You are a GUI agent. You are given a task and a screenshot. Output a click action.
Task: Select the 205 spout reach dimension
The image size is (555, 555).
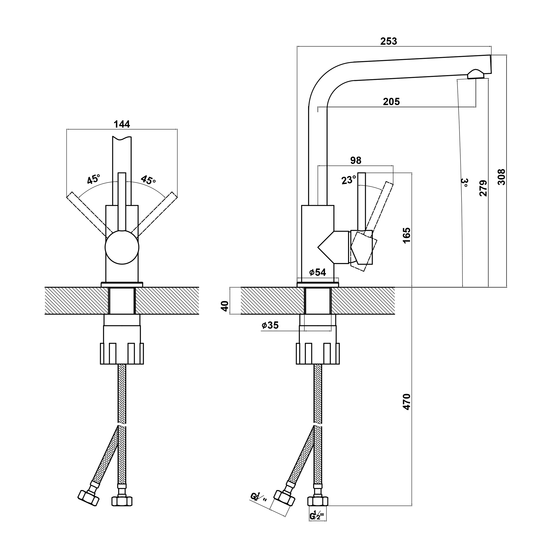[x=391, y=102]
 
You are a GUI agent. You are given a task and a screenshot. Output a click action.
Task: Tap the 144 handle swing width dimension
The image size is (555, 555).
[x=122, y=124]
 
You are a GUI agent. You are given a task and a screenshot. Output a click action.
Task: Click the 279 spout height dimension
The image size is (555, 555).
[x=483, y=188]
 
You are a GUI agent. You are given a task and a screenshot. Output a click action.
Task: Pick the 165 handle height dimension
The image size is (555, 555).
[x=407, y=236]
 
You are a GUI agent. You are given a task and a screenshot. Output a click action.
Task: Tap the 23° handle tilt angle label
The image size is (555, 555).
[x=349, y=180]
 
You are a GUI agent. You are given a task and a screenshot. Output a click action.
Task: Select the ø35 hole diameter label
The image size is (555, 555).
[x=270, y=325]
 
